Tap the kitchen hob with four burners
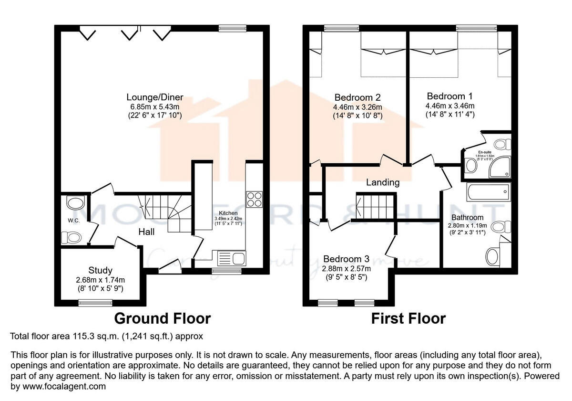pyautogui.click(x=255, y=199)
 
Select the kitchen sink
pyautogui.click(x=231, y=259)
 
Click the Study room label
pyautogui.click(x=101, y=270)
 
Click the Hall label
pyautogui.click(x=146, y=232)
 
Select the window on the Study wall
pyautogui.click(x=95, y=302)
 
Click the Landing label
pyautogui.click(x=383, y=182)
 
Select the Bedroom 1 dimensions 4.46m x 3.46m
pyautogui.click(x=450, y=106)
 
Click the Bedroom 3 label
pyautogui.click(x=346, y=259)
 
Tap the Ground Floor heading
pyautogui.click(x=162, y=318)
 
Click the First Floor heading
pyautogui.click(x=409, y=318)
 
